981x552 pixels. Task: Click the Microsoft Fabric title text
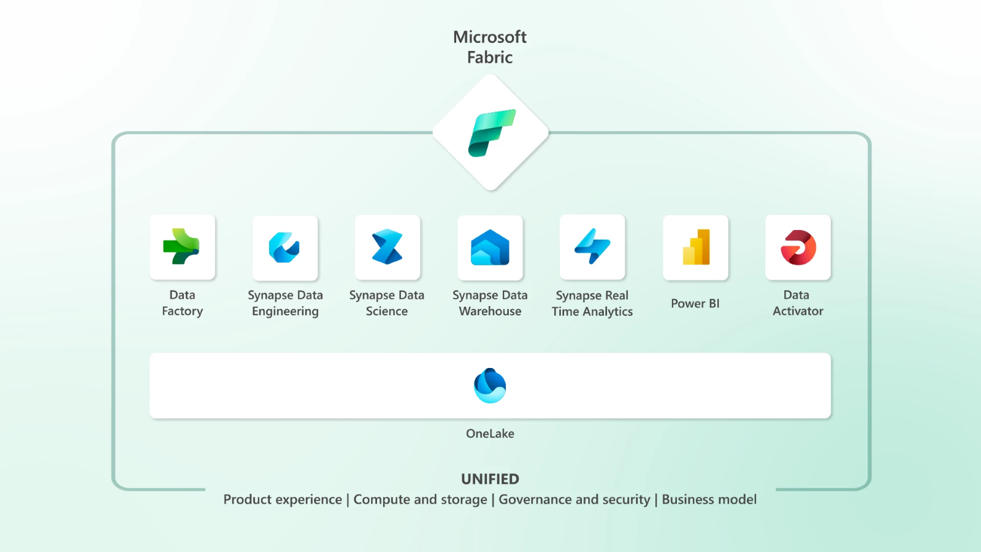pyautogui.click(x=490, y=47)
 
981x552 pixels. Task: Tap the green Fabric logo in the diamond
pyautogui.click(x=491, y=132)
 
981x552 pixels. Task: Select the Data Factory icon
pyautogui.click(x=182, y=247)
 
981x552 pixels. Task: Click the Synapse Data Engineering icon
pyautogui.click(x=284, y=248)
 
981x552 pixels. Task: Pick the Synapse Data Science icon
pyautogui.click(x=387, y=247)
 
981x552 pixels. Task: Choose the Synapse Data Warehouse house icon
pyautogui.click(x=490, y=248)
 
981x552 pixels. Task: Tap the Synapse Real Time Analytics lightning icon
pyautogui.click(x=592, y=247)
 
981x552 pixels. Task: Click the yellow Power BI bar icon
pyautogui.click(x=696, y=248)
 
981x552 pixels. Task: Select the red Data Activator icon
pyautogui.click(x=798, y=247)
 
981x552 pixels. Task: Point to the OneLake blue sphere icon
pyautogui.click(x=490, y=386)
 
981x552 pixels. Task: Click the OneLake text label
pyautogui.click(x=490, y=434)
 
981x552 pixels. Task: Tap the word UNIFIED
pyautogui.click(x=490, y=479)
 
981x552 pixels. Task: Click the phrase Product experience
pyautogui.click(x=283, y=500)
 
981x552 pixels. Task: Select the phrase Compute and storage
pyautogui.click(x=420, y=500)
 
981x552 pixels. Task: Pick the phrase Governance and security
pyautogui.click(x=574, y=500)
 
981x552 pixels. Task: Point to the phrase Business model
pyautogui.click(x=709, y=500)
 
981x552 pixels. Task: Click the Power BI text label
pyautogui.click(x=695, y=304)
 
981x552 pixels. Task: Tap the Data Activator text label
pyautogui.click(x=798, y=303)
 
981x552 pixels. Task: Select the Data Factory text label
pyautogui.click(x=182, y=303)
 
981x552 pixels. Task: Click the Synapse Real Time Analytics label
pyautogui.click(x=592, y=304)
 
